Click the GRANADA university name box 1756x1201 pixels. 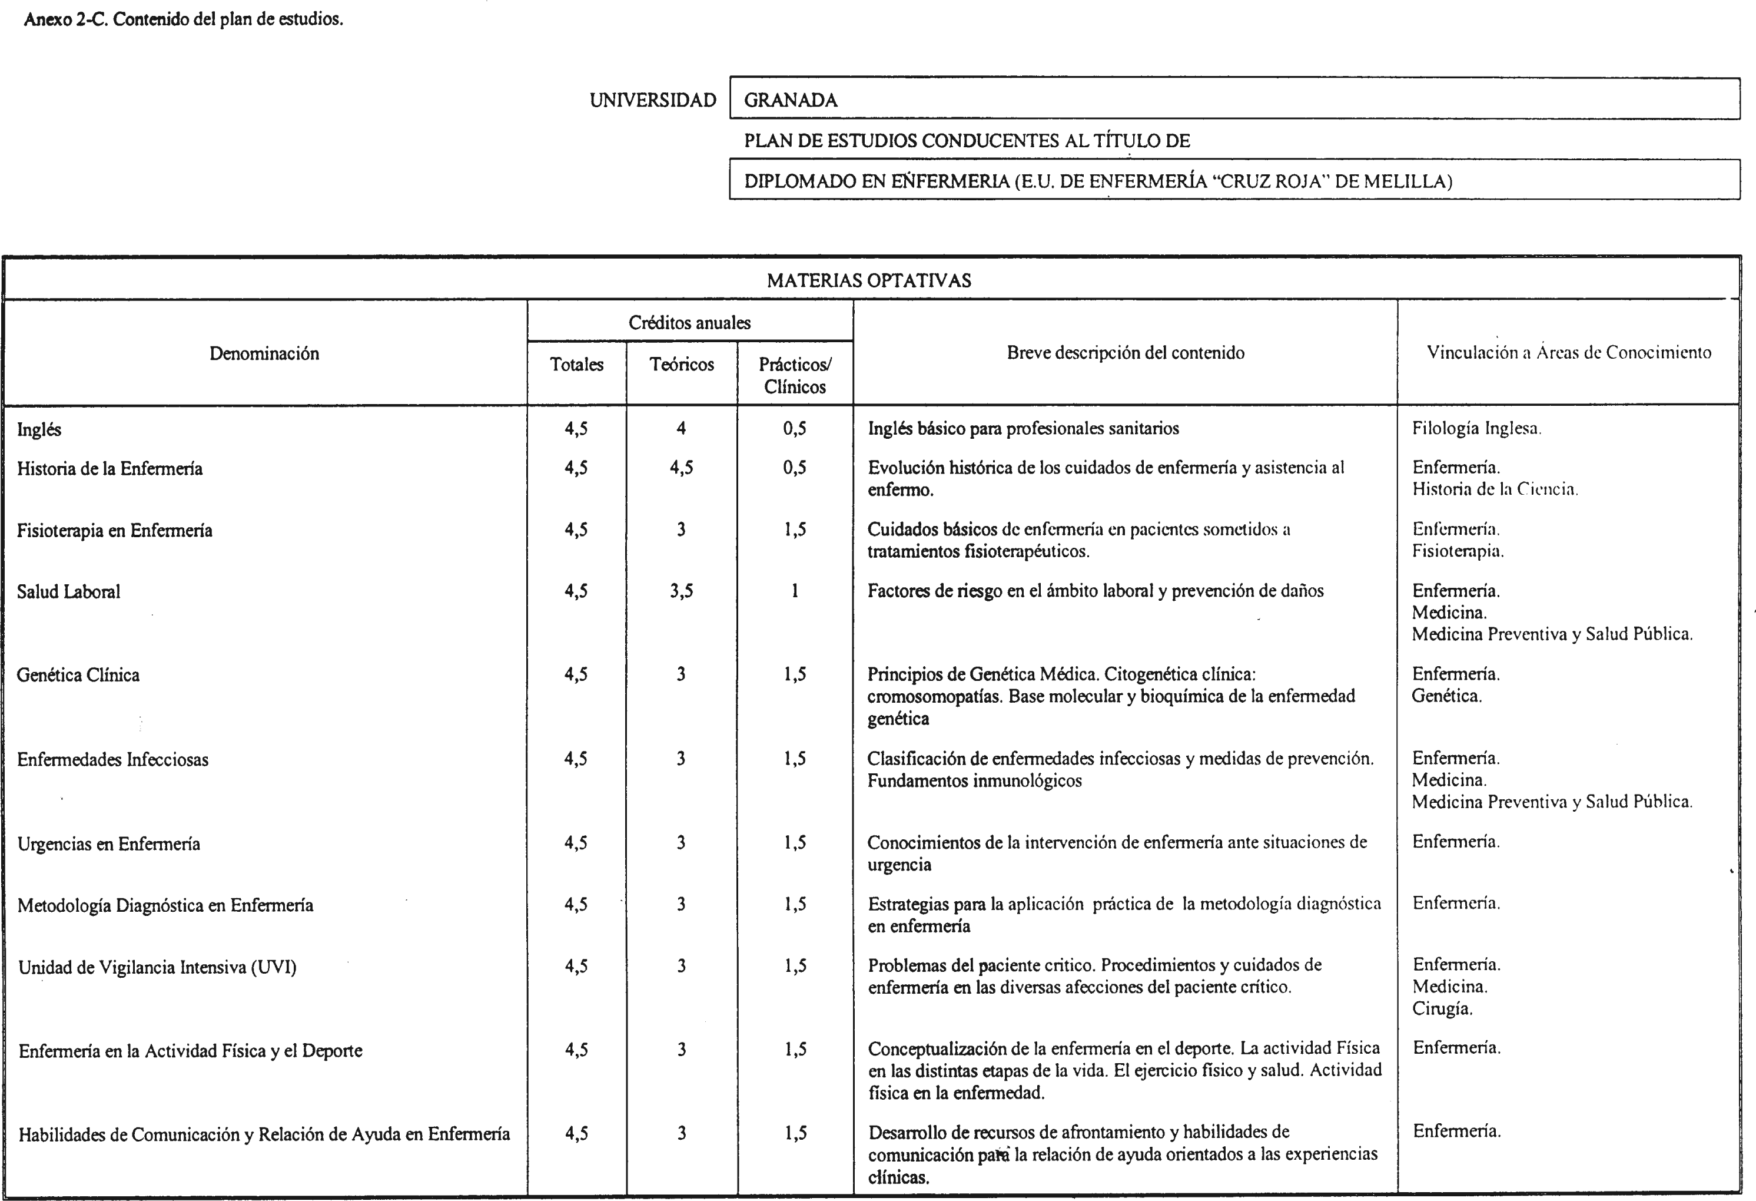(x=1234, y=99)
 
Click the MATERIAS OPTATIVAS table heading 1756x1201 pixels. (x=869, y=280)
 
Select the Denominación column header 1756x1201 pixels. (x=264, y=353)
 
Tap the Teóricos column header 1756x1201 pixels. (x=682, y=365)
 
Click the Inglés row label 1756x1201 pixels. (x=39, y=429)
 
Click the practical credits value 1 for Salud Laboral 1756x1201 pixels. (x=795, y=591)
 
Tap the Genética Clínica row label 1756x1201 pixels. (x=78, y=675)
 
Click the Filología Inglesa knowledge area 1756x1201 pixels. (x=1476, y=429)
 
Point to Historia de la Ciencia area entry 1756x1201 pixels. (x=1495, y=489)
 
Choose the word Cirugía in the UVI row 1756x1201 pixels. (x=1442, y=1008)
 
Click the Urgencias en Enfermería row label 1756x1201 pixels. (x=109, y=843)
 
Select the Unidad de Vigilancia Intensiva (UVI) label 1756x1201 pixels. (x=157, y=967)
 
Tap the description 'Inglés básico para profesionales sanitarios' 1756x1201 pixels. (x=1023, y=429)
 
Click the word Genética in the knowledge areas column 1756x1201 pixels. (x=1446, y=696)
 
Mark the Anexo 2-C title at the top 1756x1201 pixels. (x=184, y=19)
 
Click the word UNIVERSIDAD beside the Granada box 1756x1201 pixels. (x=653, y=100)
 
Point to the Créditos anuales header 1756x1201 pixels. (x=690, y=323)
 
